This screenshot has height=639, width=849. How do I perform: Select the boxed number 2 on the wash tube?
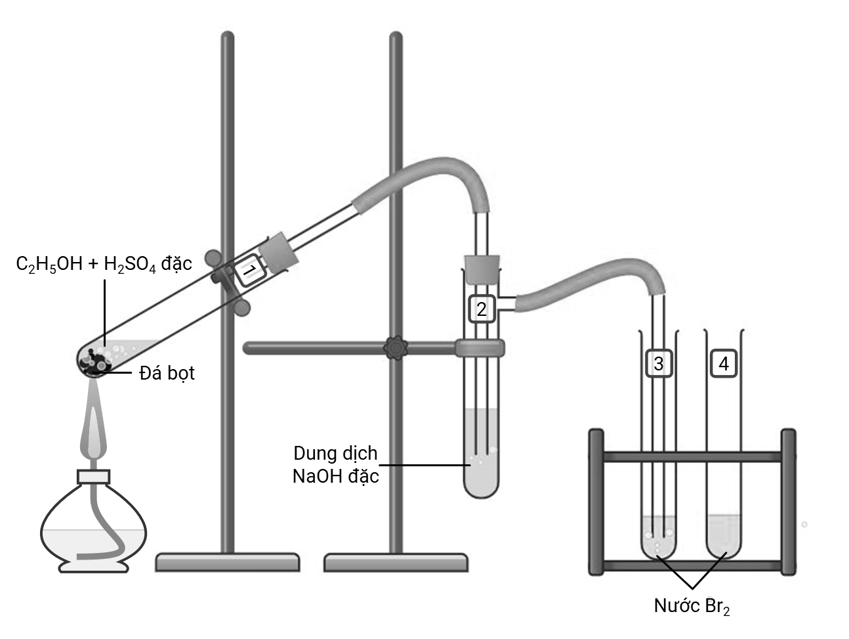pyautogui.click(x=482, y=309)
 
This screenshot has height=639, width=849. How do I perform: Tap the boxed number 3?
pyautogui.click(x=659, y=363)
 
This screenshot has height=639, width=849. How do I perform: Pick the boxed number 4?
pyautogui.click(x=724, y=363)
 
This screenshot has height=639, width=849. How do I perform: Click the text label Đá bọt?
pyautogui.click(x=167, y=374)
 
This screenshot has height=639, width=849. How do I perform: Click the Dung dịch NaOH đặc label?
pyautogui.click(x=336, y=464)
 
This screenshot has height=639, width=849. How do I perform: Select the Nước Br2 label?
pyautogui.click(x=692, y=606)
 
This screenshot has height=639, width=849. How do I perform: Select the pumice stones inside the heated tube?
pyautogui.click(x=96, y=361)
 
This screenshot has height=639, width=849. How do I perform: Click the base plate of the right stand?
pyautogui.click(x=396, y=562)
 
